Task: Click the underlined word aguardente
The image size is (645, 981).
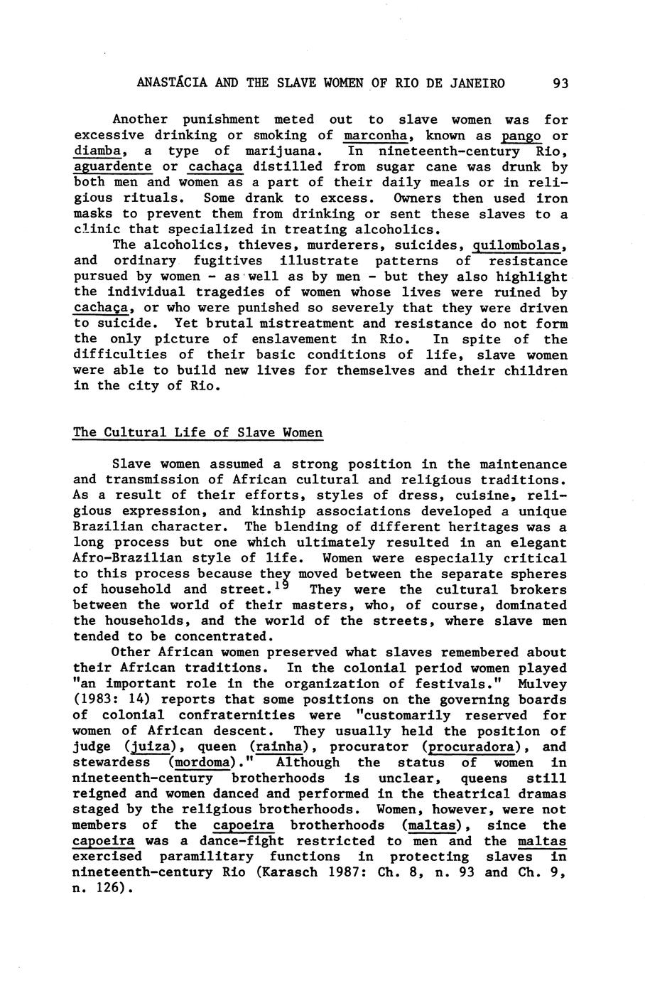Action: click(113, 166)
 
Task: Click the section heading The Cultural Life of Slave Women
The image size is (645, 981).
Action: click(197, 432)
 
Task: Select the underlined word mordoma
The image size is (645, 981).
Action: click(202, 762)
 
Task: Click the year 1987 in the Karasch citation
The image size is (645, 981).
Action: click(344, 872)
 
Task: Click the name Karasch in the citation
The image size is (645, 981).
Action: click(292, 872)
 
